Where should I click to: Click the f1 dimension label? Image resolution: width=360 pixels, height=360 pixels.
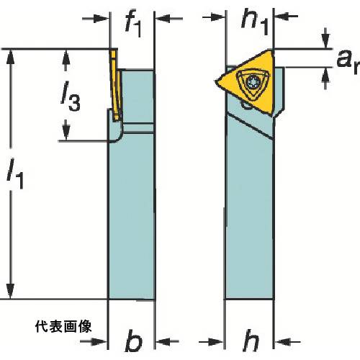[133, 23]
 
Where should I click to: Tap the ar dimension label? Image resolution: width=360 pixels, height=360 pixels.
[348, 62]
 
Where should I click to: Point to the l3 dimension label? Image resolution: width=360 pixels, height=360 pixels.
[70, 96]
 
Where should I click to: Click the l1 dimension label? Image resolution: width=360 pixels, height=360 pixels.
[15, 174]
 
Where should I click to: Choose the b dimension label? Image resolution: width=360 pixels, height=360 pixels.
[133, 341]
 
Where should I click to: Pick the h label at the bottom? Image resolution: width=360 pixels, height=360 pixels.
[251, 341]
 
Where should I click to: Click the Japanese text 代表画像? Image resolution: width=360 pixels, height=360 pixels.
[63, 327]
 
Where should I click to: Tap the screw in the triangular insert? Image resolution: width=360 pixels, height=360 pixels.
[252, 83]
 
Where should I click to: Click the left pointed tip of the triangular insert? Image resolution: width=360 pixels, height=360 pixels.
[215, 81]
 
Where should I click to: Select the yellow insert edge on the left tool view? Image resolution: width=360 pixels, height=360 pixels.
[116, 84]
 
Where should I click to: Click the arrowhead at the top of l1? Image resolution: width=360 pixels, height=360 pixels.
[10, 57]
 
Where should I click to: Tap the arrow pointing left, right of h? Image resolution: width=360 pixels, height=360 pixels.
[287, 341]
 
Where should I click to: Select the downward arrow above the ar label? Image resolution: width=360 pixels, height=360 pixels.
[325, 38]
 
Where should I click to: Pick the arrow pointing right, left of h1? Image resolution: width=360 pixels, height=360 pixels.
[214, 17]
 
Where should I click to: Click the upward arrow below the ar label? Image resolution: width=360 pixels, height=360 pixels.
[325, 78]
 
